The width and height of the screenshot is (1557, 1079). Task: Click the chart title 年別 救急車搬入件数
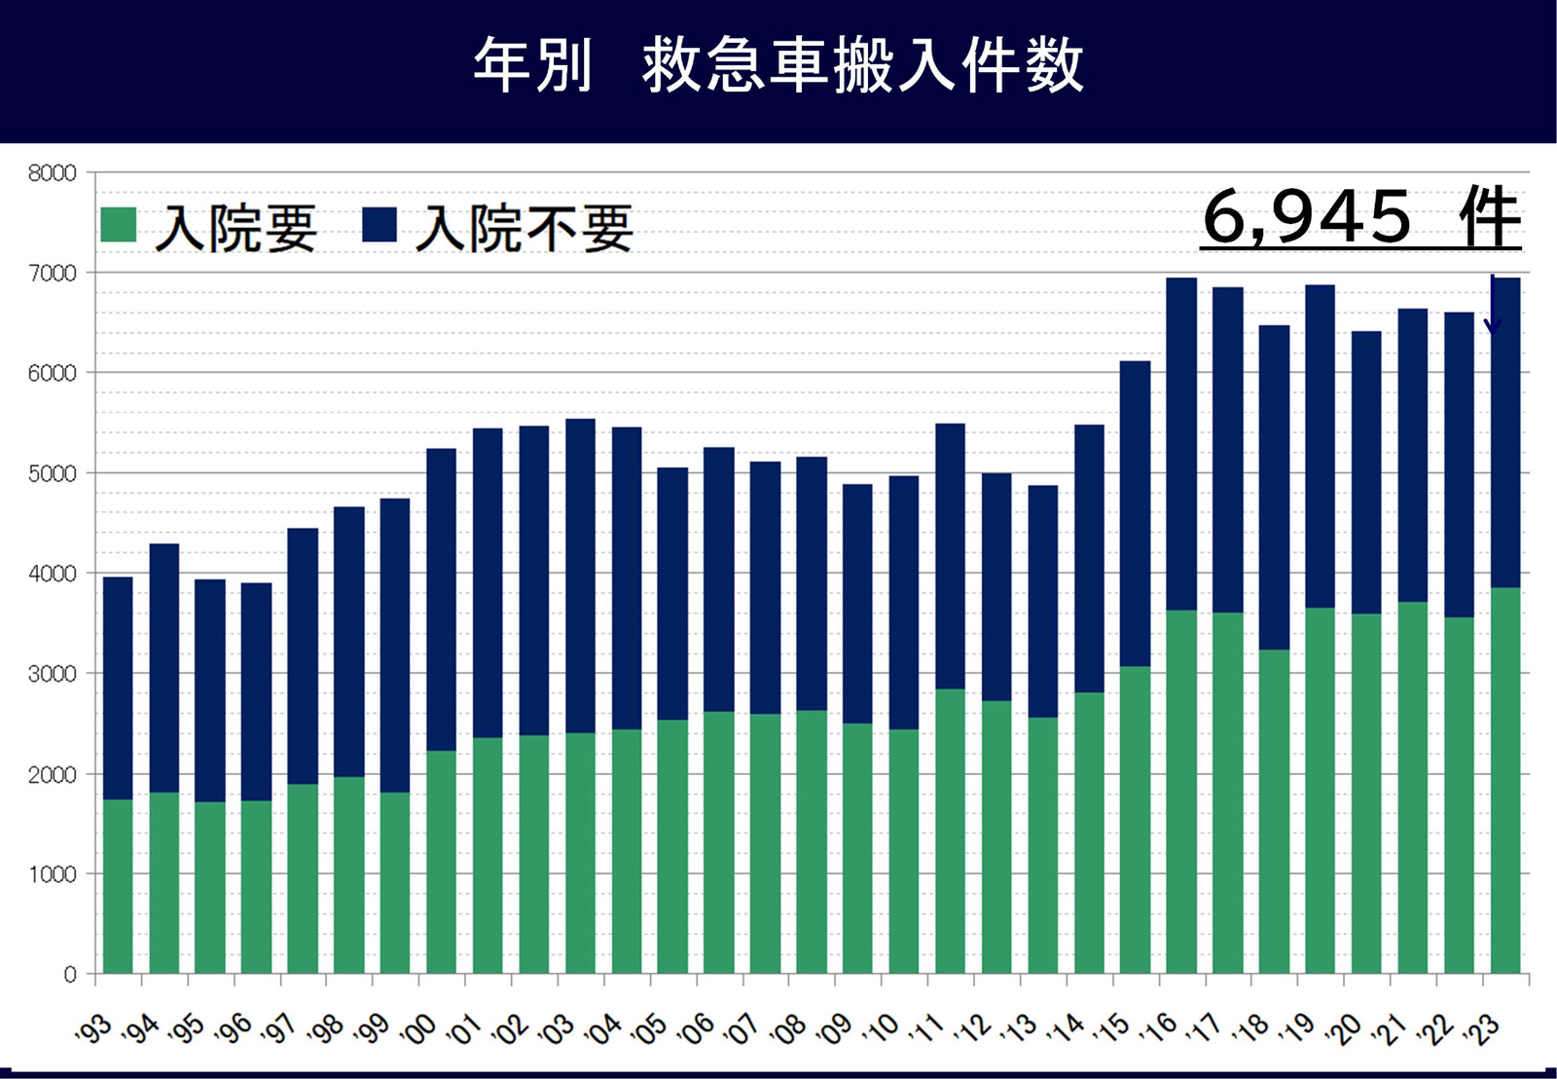point(778,66)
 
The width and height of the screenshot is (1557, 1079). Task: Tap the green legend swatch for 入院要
point(119,224)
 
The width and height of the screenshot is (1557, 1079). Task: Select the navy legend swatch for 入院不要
point(380,224)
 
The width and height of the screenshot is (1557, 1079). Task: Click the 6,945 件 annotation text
point(1360,218)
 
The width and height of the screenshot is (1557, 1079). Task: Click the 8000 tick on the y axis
point(52,173)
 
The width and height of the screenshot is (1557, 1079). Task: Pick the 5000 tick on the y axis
point(52,474)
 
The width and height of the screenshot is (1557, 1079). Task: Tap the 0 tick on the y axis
point(69,974)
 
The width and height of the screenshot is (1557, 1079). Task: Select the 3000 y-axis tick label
point(52,674)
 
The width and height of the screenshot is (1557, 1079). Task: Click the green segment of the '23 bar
point(1505,779)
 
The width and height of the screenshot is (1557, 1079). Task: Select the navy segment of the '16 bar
point(1181,443)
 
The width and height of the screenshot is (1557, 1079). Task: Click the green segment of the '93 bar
point(118,886)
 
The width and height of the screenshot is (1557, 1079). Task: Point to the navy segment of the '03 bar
point(580,575)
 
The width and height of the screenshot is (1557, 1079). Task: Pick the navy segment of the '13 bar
point(1042,601)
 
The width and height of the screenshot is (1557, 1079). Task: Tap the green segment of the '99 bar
point(395,881)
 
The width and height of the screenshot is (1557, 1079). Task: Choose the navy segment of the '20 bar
point(1366,472)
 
